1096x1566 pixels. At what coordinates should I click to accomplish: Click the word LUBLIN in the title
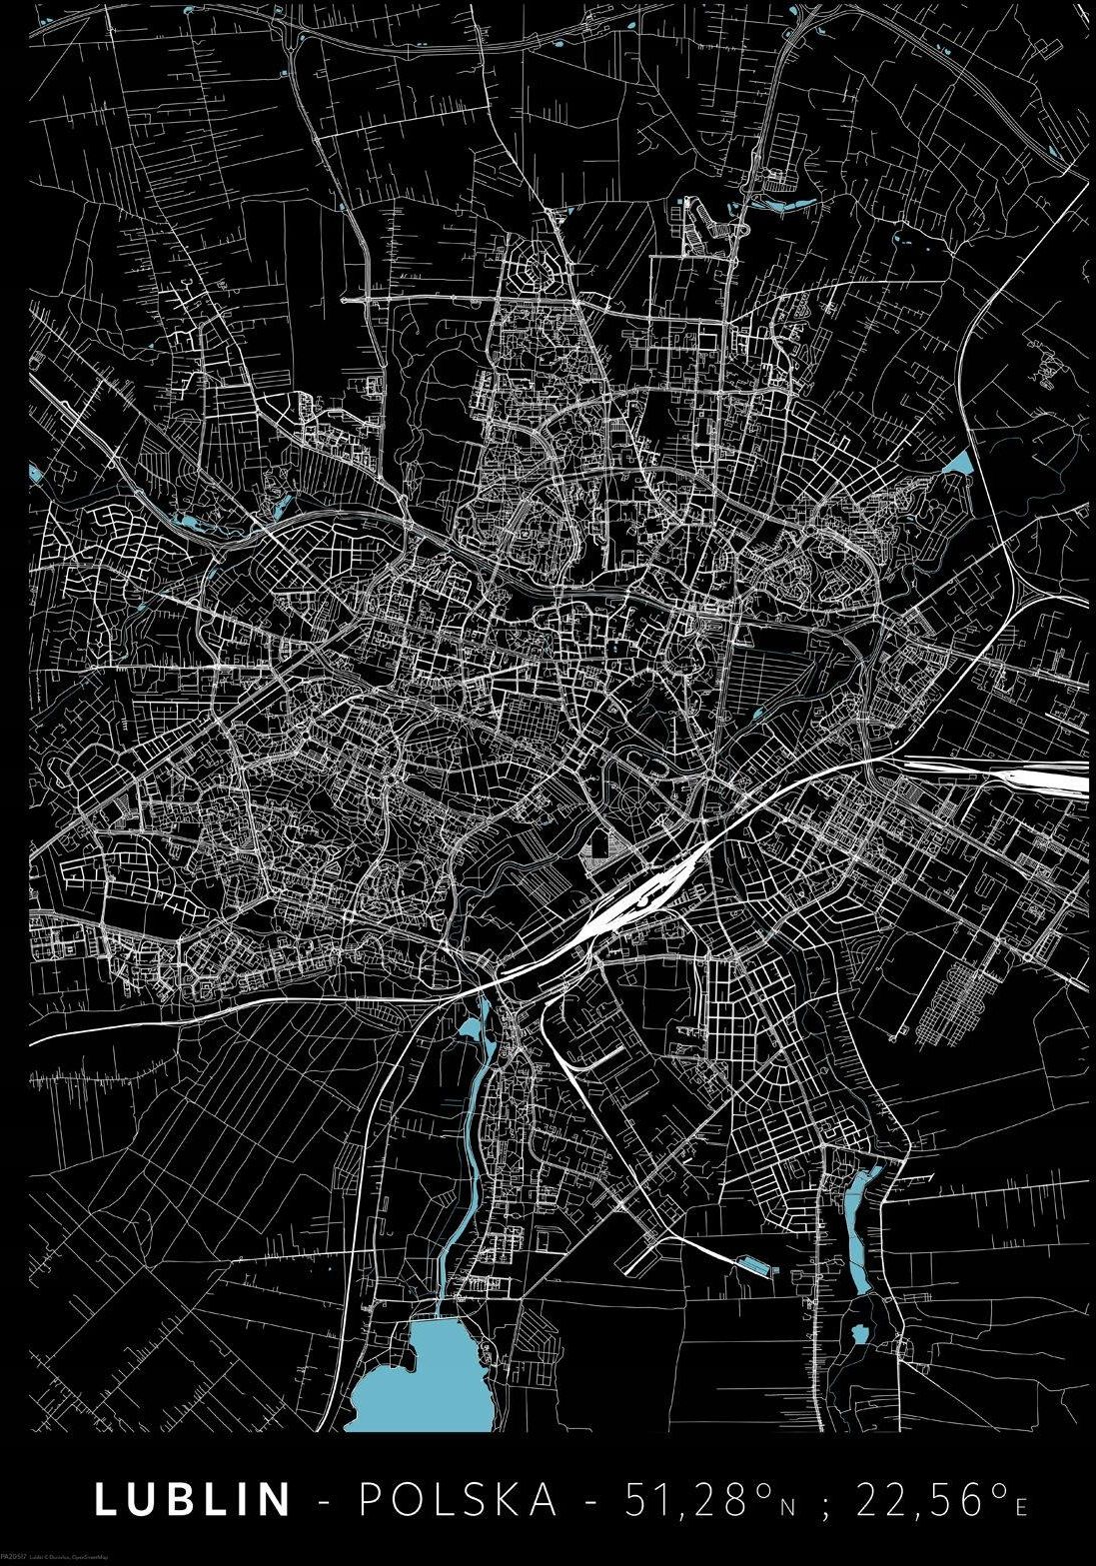[193, 1498]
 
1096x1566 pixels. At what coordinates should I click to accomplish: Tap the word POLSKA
[460, 1498]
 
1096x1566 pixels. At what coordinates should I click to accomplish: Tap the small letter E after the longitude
[1020, 1504]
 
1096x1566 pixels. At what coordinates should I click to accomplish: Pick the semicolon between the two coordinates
[825, 1502]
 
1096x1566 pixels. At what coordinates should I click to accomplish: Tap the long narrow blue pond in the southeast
[858, 1229]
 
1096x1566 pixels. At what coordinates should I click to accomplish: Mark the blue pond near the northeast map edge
[960, 462]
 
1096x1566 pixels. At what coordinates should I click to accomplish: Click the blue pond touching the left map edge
[36, 471]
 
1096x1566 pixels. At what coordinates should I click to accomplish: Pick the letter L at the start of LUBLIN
[105, 1498]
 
